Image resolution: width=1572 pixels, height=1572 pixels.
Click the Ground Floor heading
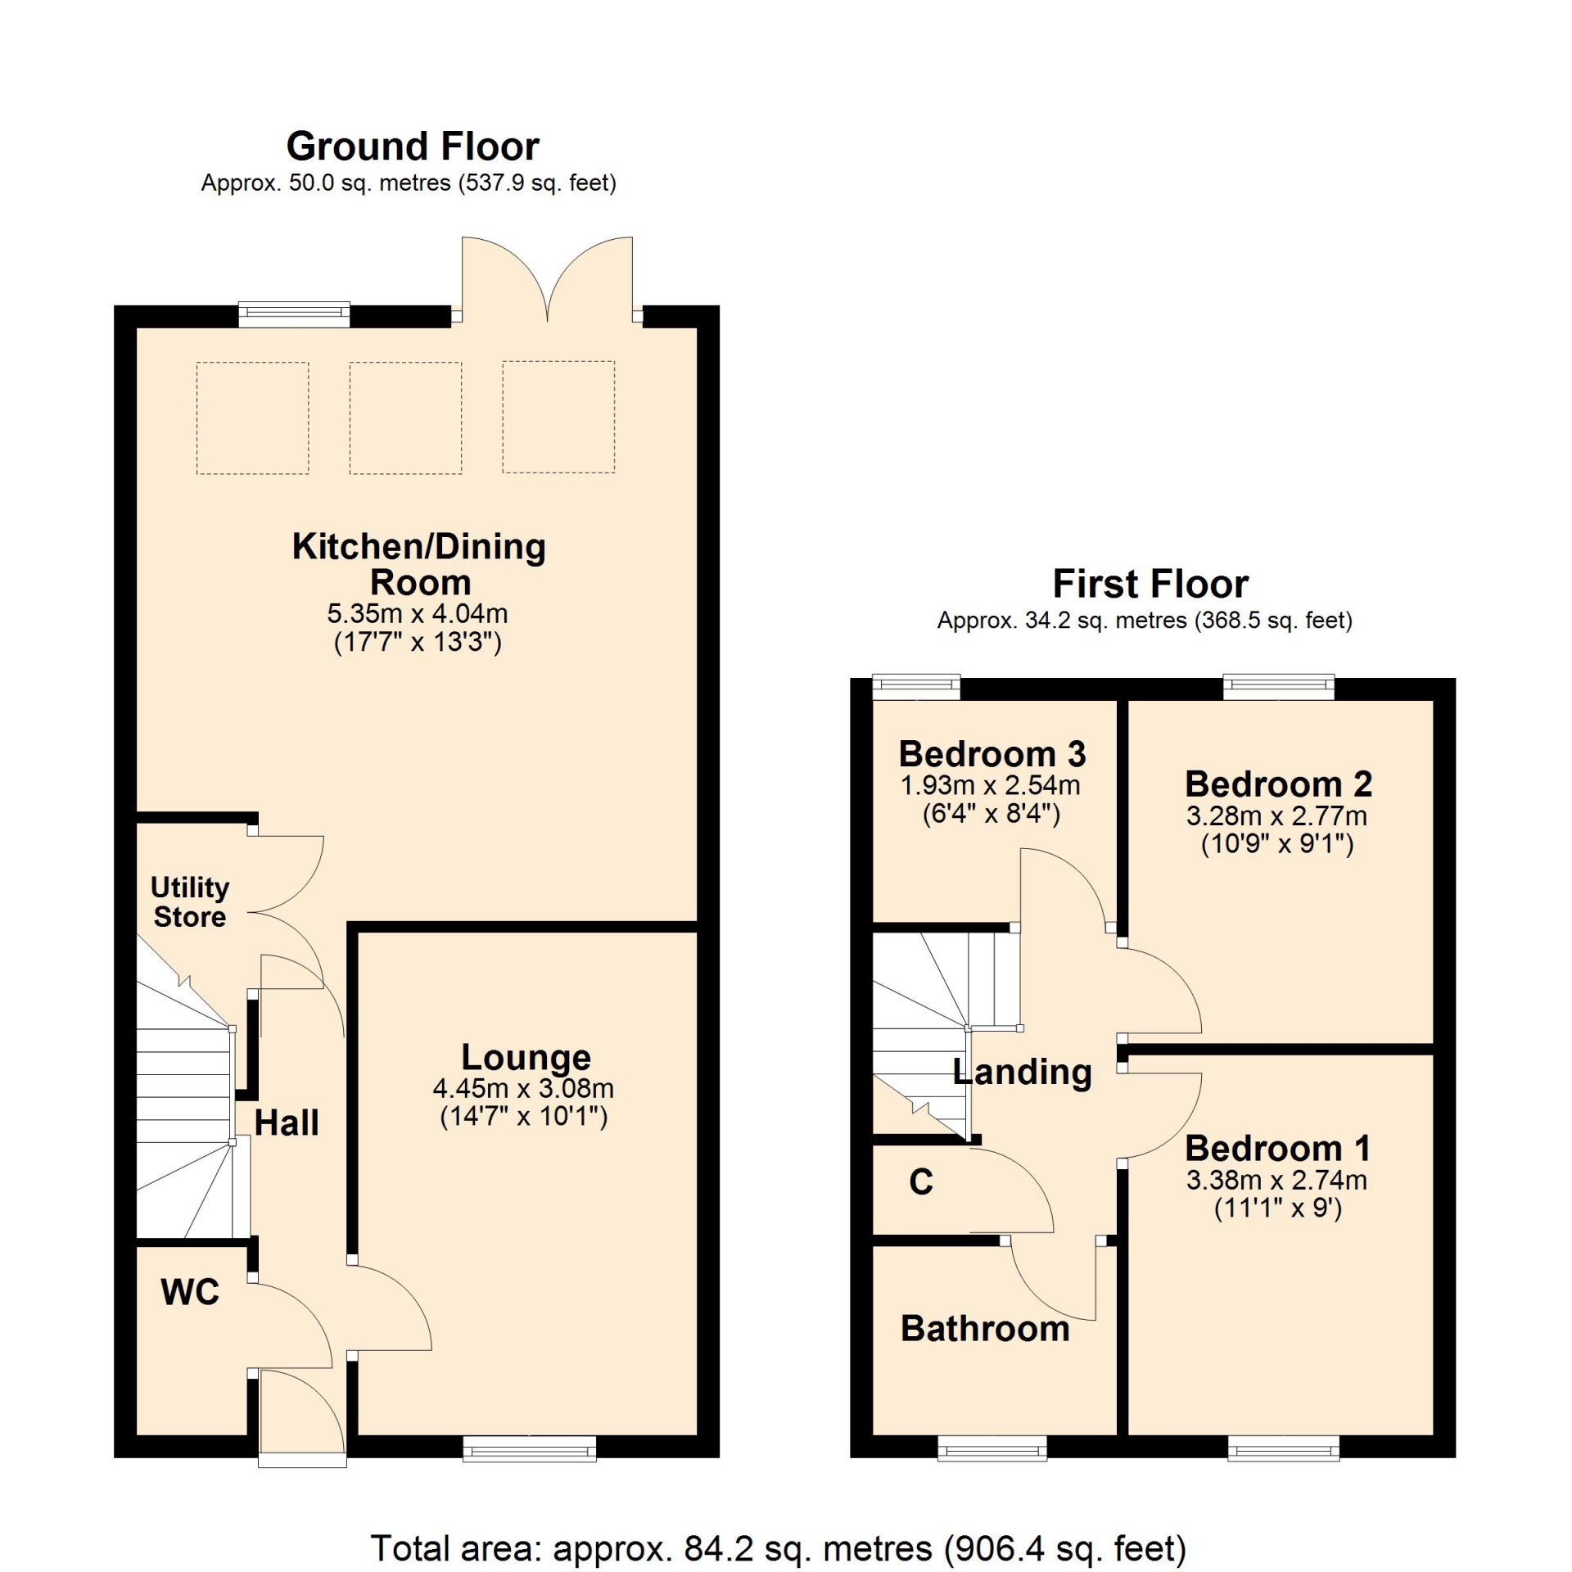[x=413, y=147]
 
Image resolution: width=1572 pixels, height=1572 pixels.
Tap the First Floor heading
[x=1150, y=585]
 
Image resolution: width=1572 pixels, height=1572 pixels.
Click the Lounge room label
[x=526, y=1058]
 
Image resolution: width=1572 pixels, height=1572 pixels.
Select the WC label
[x=191, y=1292]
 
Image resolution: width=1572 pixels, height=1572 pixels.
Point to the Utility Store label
[x=190, y=901]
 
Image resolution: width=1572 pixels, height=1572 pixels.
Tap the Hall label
[x=287, y=1123]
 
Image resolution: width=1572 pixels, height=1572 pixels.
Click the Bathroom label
[x=985, y=1329]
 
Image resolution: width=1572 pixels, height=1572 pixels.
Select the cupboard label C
[x=921, y=1181]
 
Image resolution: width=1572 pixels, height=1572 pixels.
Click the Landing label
[x=1023, y=1073]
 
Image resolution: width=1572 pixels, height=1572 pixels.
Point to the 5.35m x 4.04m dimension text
[x=418, y=613]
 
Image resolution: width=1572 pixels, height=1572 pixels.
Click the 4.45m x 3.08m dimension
[x=523, y=1089]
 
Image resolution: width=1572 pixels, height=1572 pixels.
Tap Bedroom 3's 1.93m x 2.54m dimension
[x=991, y=786]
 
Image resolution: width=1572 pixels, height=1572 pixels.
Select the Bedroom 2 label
[x=1278, y=784]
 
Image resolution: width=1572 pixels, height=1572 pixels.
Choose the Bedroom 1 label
[x=1278, y=1149]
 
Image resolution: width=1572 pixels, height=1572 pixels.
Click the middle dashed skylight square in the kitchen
[x=406, y=418]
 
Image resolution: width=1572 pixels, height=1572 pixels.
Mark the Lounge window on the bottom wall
[x=530, y=1449]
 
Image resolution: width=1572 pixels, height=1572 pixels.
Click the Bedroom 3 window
[x=916, y=688]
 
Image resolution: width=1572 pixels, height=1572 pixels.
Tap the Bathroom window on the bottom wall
[x=992, y=1449]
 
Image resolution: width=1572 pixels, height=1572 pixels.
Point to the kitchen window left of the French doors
[x=294, y=315]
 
